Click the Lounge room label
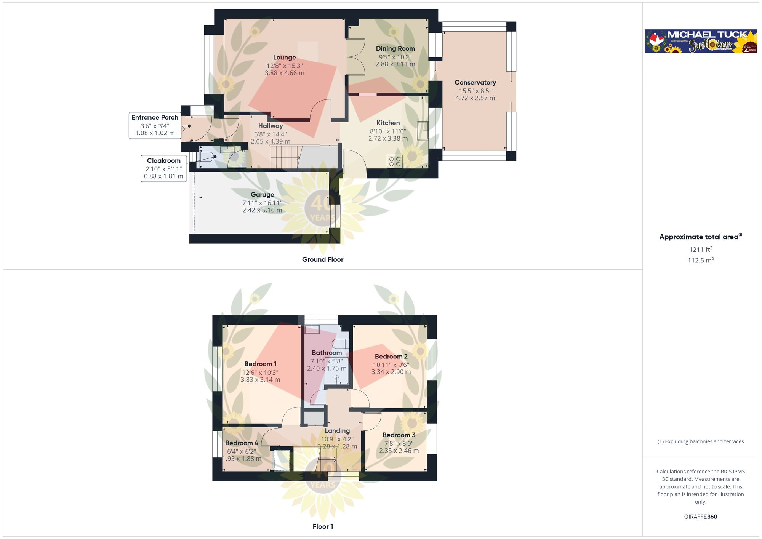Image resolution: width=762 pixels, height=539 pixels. [x=284, y=58]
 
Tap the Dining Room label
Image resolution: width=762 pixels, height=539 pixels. [x=395, y=48]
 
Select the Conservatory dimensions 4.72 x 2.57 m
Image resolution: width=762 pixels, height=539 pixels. [x=475, y=98]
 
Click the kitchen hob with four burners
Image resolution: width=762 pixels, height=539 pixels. [x=395, y=162]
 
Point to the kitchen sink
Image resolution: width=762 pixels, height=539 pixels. [x=423, y=130]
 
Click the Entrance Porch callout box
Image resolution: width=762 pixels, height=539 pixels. [x=155, y=125]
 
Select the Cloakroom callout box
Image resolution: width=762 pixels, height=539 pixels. [x=164, y=168]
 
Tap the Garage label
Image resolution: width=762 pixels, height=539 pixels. [x=262, y=195]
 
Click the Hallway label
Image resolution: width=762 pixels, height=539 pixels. [x=271, y=126]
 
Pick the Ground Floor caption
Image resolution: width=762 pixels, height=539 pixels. [x=323, y=259]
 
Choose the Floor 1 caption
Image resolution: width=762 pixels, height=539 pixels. [x=323, y=526]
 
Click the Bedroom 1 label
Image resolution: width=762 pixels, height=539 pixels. [x=260, y=364]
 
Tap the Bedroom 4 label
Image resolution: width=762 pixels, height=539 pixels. [x=242, y=443]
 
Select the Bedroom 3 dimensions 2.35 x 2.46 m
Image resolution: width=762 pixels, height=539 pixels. [x=399, y=451]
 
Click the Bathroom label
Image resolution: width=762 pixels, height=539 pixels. [x=327, y=353]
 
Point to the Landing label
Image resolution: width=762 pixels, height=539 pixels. [x=337, y=431]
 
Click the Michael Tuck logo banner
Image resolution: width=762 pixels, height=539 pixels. [x=700, y=41]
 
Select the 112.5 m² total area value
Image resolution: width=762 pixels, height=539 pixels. [x=700, y=260]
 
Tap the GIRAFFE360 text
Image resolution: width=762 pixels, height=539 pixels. [x=700, y=517]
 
